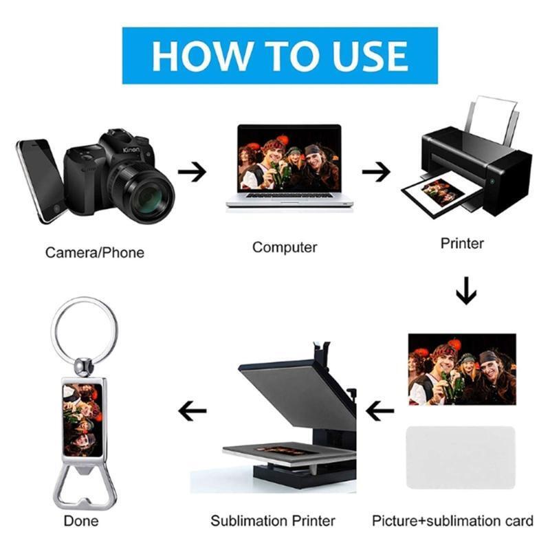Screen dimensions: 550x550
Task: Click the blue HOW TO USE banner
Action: tap(280, 56)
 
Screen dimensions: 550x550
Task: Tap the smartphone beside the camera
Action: tap(41, 181)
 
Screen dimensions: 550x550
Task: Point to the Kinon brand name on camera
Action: tap(131, 150)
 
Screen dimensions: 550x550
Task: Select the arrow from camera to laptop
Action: tap(192, 171)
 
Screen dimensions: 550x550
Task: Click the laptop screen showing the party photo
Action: tap(289, 159)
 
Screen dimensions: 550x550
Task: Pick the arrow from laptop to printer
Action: tap(376, 171)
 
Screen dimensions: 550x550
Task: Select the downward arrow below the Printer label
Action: tap(466, 290)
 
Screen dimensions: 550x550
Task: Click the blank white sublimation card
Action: tap(461, 457)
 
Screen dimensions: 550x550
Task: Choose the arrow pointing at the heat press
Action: tap(380, 410)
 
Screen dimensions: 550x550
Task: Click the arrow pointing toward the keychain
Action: tap(192, 410)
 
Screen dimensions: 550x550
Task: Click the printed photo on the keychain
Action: tap(82, 420)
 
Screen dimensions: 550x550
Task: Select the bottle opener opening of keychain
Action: tap(84, 488)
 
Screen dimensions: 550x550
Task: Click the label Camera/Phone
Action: tap(95, 252)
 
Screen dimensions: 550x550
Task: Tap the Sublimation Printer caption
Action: tap(272, 521)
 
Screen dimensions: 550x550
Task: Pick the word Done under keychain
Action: tap(81, 521)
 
